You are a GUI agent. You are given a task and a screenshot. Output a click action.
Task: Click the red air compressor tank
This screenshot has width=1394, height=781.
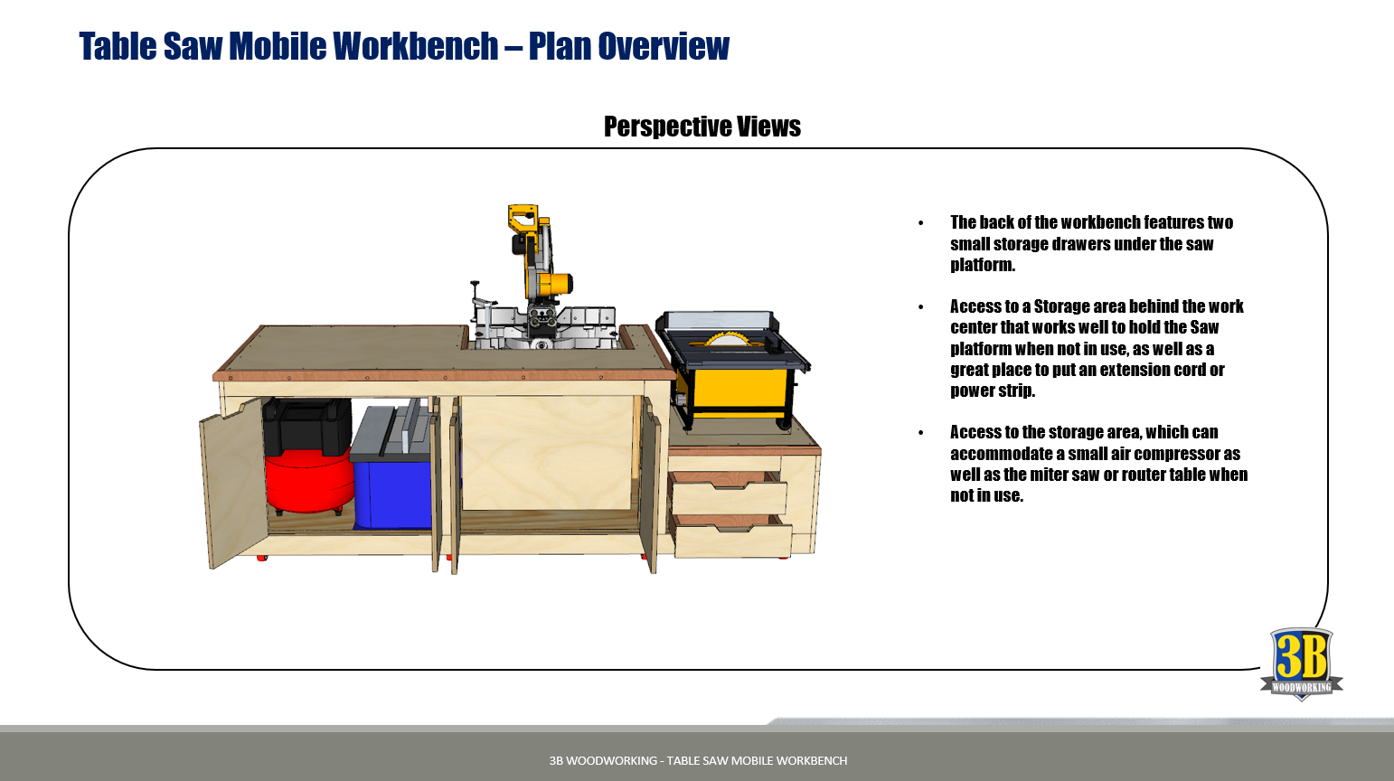click(x=309, y=482)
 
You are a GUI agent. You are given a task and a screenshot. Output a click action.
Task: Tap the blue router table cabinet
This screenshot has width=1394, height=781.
click(x=393, y=493)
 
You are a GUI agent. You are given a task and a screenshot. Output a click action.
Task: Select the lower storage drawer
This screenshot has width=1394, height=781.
click(x=732, y=536)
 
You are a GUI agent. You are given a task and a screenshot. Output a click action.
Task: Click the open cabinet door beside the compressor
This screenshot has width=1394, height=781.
click(x=232, y=482)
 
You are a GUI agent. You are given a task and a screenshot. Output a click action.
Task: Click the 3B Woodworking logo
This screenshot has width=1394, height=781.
click(x=1301, y=663)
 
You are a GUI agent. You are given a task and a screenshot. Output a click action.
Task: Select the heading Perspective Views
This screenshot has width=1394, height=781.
click(x=702, y=127)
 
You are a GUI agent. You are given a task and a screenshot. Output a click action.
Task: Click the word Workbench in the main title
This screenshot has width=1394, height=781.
click(x=415, y=46)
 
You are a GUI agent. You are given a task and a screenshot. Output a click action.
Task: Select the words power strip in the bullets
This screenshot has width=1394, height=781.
click(x=993, y=390)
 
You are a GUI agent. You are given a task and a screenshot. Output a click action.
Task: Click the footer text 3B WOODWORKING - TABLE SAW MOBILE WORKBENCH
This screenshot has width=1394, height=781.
click(x=698, y=760)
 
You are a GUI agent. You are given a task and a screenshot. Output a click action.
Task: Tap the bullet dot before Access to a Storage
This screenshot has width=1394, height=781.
click(x=921, y=306)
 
